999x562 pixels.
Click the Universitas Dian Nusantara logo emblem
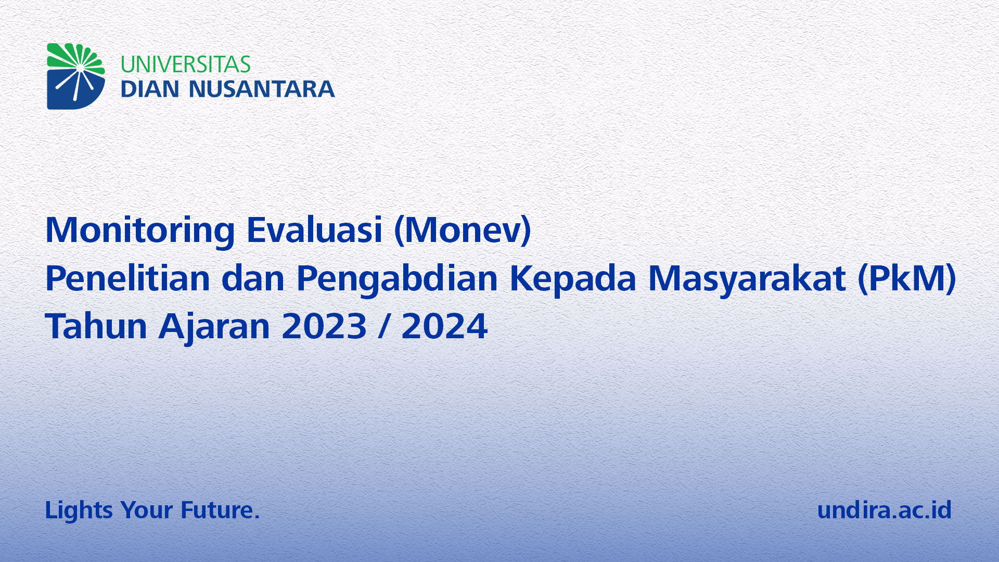[76, 76]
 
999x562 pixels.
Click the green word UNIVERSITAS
[186, 65]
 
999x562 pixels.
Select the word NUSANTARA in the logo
[262, 89]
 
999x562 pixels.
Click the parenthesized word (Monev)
[463, 230]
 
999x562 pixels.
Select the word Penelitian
[128, 278]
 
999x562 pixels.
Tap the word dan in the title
[253, 278]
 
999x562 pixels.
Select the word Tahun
[96, 326]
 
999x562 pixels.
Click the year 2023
[324, 326]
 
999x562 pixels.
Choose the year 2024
[444, 326]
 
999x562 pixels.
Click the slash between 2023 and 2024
[384, 327]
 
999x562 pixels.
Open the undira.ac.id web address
[885, 509]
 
